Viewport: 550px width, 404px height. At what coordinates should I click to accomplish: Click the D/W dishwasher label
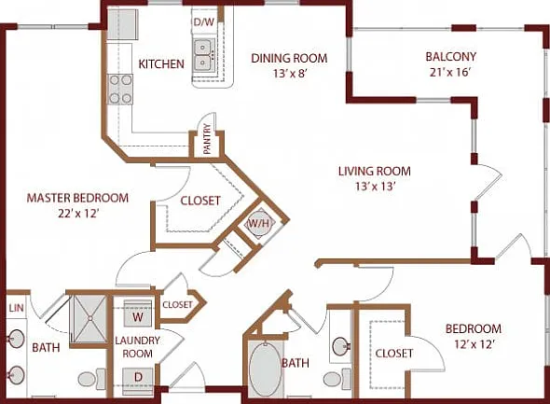pyautogui.click(x=204, y=22)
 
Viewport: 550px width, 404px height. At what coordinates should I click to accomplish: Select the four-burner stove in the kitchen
pyautogui.click(x=120, y=90)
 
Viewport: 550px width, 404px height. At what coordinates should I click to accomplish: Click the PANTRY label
pyautogui.click(x=207, y=139)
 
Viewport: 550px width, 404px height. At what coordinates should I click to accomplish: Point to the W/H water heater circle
pyautogui.click(x=260, y=223)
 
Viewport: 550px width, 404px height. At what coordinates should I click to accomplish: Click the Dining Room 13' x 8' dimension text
pyautogui.click(x=290, y=74)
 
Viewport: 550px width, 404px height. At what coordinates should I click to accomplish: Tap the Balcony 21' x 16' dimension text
pyautogui.click(x=450, y=72)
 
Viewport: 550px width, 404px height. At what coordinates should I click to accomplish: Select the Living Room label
pyautogui.click(x=375, y=172)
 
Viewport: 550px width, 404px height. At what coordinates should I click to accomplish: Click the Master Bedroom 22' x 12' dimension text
pyautogui.click(x=77, y=214)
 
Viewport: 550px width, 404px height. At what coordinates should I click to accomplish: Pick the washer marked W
pyautogui.click(x=138, y=313)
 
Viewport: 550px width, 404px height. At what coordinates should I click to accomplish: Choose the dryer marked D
pyautogui.click(x=138, y=378)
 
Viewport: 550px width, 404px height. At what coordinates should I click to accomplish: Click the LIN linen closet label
pyautogui.click(x=16, y=308)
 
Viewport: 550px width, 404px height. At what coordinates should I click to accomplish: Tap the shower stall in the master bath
pyautogui.click(x=89, y=319)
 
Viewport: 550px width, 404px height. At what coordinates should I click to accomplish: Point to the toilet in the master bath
pyautogui.click(x=92, y=379)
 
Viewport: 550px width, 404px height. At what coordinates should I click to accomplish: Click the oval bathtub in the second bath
pyautogui.click(x=266, y=369)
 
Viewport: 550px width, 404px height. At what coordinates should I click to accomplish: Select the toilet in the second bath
pyautogui.click(x=337, y=379)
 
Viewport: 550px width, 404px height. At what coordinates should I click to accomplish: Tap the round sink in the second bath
pyautogui.click(x=341, y=346)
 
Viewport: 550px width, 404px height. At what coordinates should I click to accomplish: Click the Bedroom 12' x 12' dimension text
pyautogui.click(x=474, y=344)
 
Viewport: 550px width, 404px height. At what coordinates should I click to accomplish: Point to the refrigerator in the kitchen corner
pyautogui.click(x=122, y=24)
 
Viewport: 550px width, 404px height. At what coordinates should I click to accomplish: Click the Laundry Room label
pyautogui.click(x=138, y=347)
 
